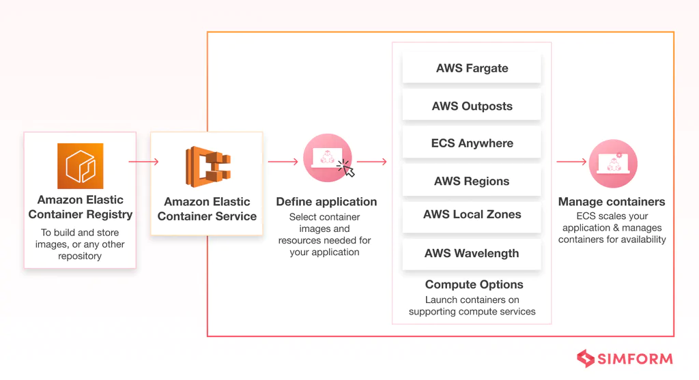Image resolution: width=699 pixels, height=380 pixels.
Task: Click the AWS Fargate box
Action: pos(472,68)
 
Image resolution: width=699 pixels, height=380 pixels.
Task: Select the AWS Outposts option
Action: pos(472,106)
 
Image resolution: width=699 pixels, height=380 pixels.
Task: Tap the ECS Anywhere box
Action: pos(472,144)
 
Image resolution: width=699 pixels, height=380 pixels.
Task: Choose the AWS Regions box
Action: pos(472,181)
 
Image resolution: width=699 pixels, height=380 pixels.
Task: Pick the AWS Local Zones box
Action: pos(472,215)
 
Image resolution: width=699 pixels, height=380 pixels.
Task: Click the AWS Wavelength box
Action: pos(472,253)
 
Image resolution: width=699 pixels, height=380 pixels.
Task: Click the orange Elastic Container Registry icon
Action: pos(80,166)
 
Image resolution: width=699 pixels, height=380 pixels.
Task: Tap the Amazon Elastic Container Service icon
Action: pos(208,166)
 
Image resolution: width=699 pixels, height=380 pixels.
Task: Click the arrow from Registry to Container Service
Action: pos(143,162)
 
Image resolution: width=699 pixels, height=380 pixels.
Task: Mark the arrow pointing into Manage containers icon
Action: pos(571,162)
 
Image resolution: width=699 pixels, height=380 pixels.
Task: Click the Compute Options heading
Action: pos(474,284)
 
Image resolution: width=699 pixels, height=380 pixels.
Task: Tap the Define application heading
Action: pos(326,202)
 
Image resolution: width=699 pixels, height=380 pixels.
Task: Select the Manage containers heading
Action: pos(611,202)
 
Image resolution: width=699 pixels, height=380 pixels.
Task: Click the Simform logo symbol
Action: pos(586,359)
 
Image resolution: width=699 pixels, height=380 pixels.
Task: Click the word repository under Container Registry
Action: pos(80,257)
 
